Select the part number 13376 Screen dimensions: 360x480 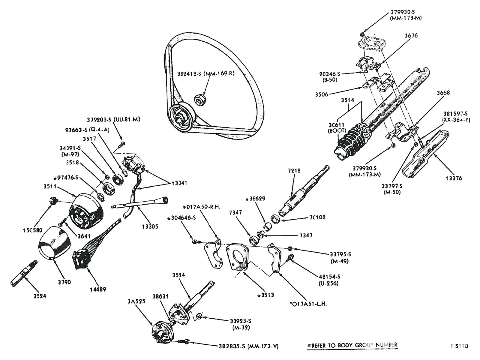tap(454, 178)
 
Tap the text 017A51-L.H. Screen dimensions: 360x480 tap(308, 304)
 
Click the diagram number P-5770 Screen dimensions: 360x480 tap(459, 346)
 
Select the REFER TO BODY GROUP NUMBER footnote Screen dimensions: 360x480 tap(352, 345)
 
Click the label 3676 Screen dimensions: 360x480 tap(411, 35)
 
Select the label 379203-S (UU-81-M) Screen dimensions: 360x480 tap(114, 119)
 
